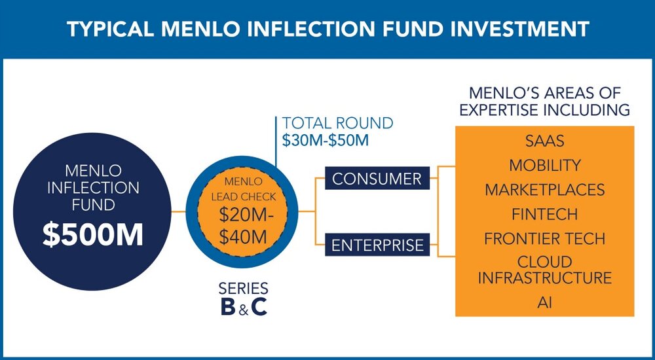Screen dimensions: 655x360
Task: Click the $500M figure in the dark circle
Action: coord(93,235)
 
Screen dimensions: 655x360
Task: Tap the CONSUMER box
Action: coord(377,178)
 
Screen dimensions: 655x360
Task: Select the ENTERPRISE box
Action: coord(377,245)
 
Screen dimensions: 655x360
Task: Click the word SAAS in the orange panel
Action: coord(545,141)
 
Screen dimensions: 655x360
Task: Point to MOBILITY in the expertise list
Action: coord(545,166)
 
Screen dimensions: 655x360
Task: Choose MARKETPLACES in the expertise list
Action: coord(545,190)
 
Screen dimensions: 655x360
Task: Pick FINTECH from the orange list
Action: coord(545,214)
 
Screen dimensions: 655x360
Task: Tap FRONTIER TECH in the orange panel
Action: coord(545,239)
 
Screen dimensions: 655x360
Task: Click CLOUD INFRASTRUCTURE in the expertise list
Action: coord(545,270)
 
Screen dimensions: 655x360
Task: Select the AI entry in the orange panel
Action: coord(545,302)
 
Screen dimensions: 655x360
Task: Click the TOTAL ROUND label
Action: coord(337,123)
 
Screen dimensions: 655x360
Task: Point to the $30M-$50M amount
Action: coord(326,140)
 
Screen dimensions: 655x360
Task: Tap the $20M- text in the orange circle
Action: coord(246,216)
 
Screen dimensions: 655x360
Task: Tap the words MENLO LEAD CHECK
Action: coord(243,189)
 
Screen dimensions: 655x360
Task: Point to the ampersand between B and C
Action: coord(244,309)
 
